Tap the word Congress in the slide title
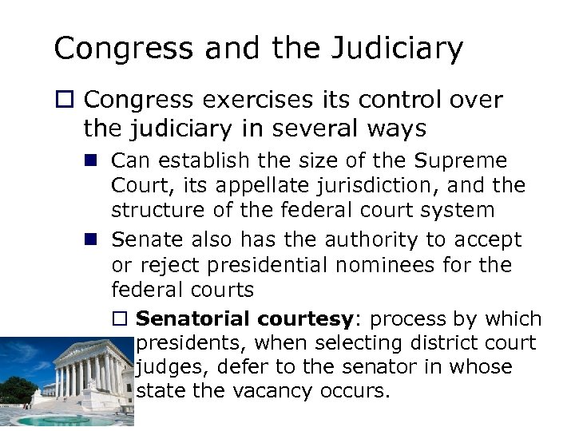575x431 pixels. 117,49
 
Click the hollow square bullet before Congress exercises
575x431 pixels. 65,100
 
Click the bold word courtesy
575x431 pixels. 305,319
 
